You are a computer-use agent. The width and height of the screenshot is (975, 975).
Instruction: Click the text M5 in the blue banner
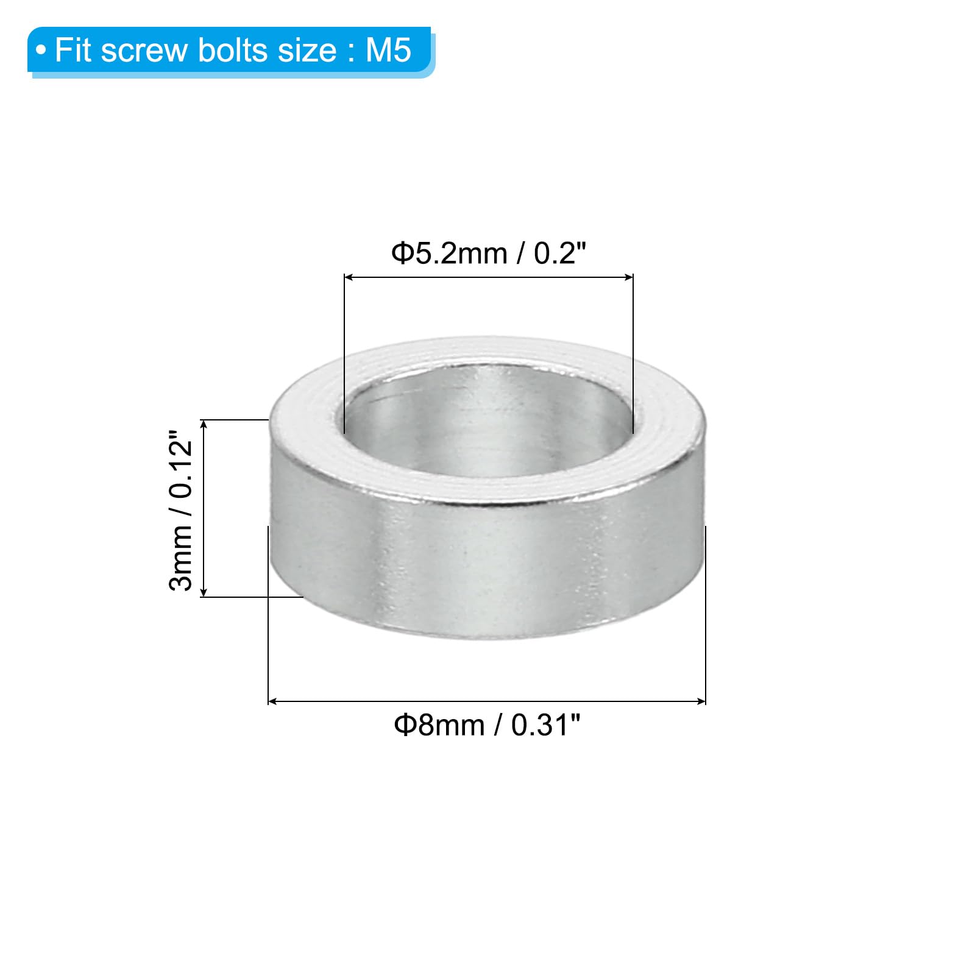click(x=388, y=50)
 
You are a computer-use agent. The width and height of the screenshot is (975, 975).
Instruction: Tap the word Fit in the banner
click(x=74, y=50)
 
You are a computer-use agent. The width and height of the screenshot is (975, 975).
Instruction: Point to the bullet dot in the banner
click(x=41, y=51)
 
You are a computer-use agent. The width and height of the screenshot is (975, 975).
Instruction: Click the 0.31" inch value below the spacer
click(x=546, y=725)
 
